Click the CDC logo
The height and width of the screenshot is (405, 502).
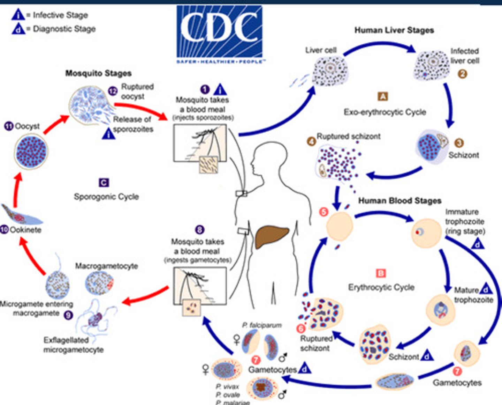[219, 34]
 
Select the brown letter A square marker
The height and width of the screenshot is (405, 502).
[383, 96]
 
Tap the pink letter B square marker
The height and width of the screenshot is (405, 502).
[381, 273]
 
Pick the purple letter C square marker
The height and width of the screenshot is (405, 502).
[104, 183]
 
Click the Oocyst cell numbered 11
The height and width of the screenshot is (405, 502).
[31, 151]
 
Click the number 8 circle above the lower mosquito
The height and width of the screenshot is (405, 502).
[199, 230]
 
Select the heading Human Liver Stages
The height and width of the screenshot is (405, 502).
[394, 30]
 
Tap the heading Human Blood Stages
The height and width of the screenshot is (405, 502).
[400, 201]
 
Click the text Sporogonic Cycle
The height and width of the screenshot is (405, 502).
[106, 197]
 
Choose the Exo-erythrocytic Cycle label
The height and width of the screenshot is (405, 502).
[385, 112]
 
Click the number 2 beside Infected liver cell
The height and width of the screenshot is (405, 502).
[462, 74]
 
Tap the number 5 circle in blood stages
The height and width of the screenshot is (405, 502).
[324, 212]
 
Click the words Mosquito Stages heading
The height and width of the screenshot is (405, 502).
[98, 73]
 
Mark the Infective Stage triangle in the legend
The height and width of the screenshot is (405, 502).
[18, 15]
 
